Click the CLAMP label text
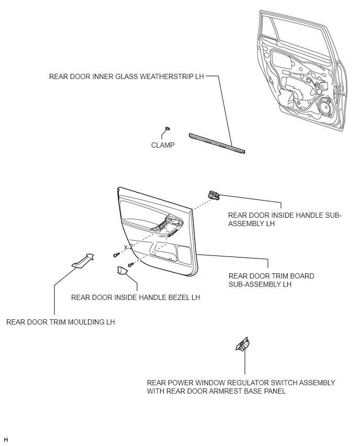coord(163,145)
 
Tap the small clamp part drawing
coord(167,129)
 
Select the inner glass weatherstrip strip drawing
coord(217,143)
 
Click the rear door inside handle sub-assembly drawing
coord(213,195)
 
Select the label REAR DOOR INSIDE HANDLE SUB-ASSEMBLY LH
coord(285,219)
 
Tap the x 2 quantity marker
coord(128,247)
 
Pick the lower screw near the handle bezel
coord(131,265)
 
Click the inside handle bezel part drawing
coord(122,271)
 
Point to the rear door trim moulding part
coord(83,260)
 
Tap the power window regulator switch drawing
coord(243,344)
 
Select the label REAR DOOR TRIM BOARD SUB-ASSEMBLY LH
coord(271,280)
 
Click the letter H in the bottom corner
coord(6,440)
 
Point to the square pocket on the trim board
coord(184,254)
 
